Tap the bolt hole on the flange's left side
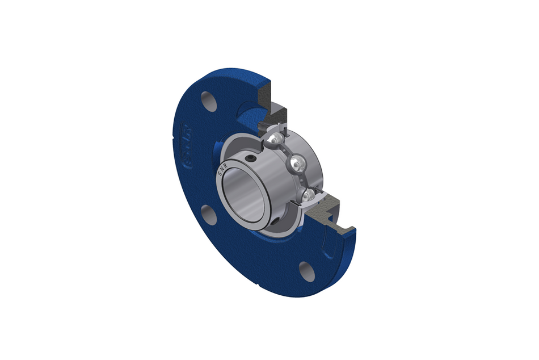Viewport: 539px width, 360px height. [208, 216]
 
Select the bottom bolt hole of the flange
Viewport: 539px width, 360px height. [307, 271]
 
